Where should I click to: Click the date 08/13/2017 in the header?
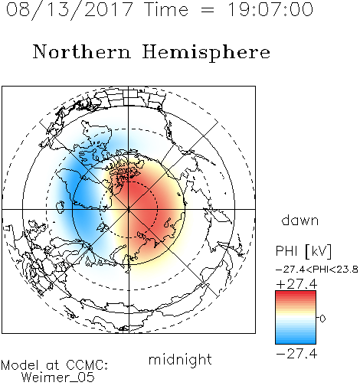tap(69, 10)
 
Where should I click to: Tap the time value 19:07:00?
tap(270, 9)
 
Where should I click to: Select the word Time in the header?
tap(166, 9)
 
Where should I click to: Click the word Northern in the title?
tap(81, 51)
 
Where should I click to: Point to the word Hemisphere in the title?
tap(206, 53)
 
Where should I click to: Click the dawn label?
tap(300, 220)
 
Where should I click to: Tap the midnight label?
tap(180, 359)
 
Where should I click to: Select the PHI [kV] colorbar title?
tap(303, 251)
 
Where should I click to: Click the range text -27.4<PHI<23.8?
tap(317, 270)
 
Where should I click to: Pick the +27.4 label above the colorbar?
tap(296, 284)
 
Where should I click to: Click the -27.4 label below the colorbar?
tap(296, 354)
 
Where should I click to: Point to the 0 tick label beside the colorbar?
tap(322, 319)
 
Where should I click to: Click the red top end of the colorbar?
tap(296, 293)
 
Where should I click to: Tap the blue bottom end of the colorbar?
tap(296, 342)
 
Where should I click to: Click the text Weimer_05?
tap(58, 378)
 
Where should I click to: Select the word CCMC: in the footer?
tap(87, 365)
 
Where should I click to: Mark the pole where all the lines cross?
tap(129, 210)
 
